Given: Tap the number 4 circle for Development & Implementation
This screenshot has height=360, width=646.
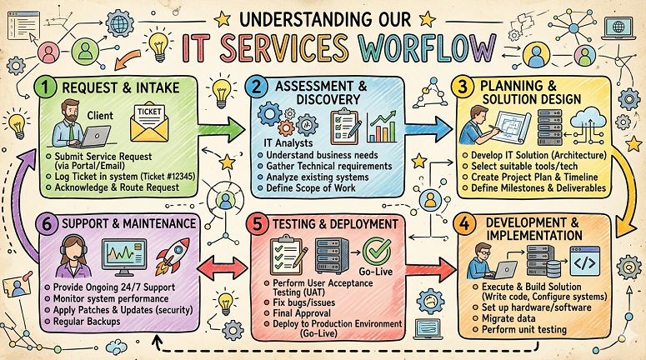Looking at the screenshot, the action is coord(464,225).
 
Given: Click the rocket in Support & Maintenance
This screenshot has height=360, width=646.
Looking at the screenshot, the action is coord(173,256).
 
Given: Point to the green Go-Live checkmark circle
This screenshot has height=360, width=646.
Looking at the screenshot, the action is coord(377,252).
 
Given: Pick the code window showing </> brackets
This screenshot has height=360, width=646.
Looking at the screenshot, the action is coord(585,261).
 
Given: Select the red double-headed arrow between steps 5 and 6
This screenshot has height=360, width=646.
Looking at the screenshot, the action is coord(223,267).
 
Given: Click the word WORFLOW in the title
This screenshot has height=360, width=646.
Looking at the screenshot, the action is coord(428,47).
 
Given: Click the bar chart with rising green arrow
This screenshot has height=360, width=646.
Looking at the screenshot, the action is coord(382,127).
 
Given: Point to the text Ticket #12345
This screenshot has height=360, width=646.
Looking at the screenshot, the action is coord(168,177).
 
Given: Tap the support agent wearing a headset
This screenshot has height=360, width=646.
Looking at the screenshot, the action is coord(74,256).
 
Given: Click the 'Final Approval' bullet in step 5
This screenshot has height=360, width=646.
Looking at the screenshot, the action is coord(302,313).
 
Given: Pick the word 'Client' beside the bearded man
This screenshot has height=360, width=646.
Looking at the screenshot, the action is coord(100,115).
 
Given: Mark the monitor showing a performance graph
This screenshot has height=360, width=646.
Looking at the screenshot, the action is coord(124,257).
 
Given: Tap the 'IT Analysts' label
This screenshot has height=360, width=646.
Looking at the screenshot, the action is coord(288,143).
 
